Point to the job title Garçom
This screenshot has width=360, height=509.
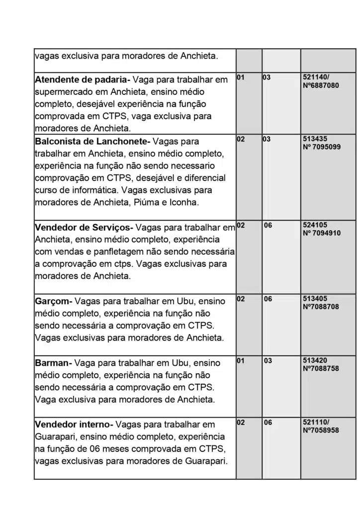53,301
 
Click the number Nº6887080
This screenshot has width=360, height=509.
321,85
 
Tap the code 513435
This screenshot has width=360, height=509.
315,139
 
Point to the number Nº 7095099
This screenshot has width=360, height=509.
322,147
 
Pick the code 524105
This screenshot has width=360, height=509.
315,225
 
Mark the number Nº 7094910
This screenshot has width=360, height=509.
322,233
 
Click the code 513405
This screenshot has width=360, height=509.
315,299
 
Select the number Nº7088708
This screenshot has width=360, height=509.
321,307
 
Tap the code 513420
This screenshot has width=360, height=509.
315,360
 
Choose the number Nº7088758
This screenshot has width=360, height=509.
321,368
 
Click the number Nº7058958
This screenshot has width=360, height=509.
321,430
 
